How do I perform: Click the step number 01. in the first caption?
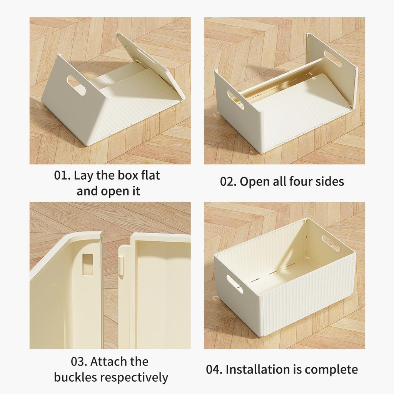62,176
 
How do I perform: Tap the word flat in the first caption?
148,175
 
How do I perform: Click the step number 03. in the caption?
80,362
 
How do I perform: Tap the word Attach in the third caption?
111,362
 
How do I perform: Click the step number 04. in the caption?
215,370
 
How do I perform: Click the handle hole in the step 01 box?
76,85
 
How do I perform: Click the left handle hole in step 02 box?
235,100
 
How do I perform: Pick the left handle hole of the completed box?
235,284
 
